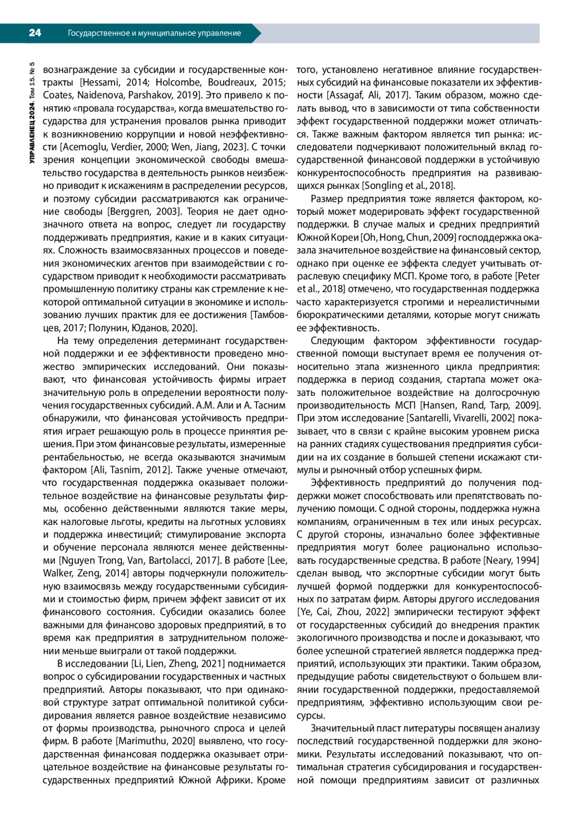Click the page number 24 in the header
click(35, 33)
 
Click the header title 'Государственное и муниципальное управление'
click(154, 33)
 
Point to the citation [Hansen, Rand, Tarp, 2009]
click(480, 405)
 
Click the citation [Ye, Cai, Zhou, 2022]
click(343, 612)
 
